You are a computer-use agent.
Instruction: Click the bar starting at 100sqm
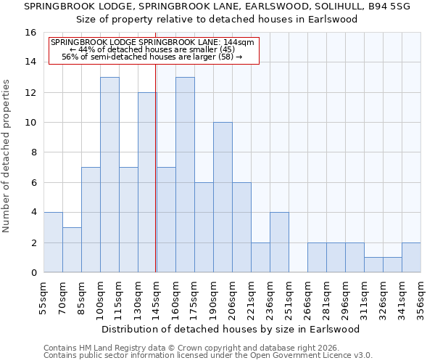click(x=109, y=174)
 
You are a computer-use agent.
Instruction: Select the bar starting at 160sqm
click(x=185, y=174)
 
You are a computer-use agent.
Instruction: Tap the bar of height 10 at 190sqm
click(x=223, y=197)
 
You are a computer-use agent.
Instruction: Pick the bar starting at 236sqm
click(x=279, y=242)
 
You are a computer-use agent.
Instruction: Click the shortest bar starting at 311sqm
click(x=373, y=265)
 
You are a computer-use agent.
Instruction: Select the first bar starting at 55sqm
click(x=53, y=242)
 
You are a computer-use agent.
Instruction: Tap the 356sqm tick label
click(x=420, y=298)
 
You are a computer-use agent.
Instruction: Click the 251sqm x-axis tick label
click(x=289, y=298)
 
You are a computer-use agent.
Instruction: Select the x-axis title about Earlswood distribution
click(x=231, y=329)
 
